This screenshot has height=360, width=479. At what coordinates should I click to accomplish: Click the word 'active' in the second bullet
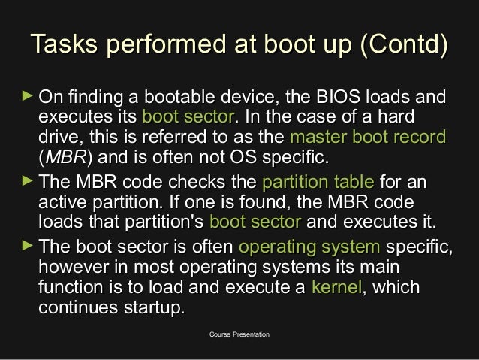tap(61, 203)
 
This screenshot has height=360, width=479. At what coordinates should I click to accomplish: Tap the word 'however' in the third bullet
tap(74, 268)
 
